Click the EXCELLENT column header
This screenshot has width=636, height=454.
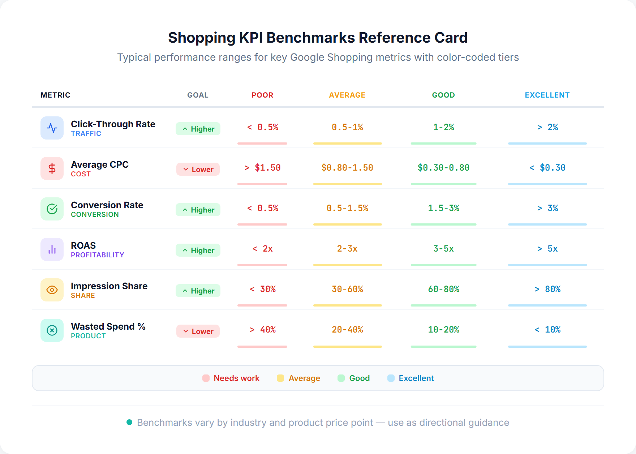(547, 95)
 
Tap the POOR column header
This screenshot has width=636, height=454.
(262, 95)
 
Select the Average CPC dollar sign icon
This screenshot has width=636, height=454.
(52, 168)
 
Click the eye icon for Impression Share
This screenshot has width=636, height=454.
(52, 290)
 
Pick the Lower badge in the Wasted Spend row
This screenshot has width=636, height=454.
(198, 331)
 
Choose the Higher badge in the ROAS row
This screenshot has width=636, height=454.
(198, 250)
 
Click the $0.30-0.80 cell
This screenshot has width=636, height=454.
(443, 168)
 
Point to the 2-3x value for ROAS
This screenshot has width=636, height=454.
(347, 249)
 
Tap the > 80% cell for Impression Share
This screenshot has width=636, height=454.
(547, 289)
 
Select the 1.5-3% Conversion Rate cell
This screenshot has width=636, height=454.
(443, 208)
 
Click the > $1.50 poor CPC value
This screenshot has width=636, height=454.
(262, 168)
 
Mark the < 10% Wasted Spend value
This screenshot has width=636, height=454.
(547, 330)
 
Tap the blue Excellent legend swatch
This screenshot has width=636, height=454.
(391, 378)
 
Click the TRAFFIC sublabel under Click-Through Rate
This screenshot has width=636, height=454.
(86, 134)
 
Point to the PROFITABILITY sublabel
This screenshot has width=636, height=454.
(97, 255)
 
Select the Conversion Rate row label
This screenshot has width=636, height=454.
(107, 205)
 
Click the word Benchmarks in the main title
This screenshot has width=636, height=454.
(310, 38)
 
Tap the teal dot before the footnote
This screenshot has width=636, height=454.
(129, 422)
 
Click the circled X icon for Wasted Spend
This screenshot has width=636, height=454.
(52, 330)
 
